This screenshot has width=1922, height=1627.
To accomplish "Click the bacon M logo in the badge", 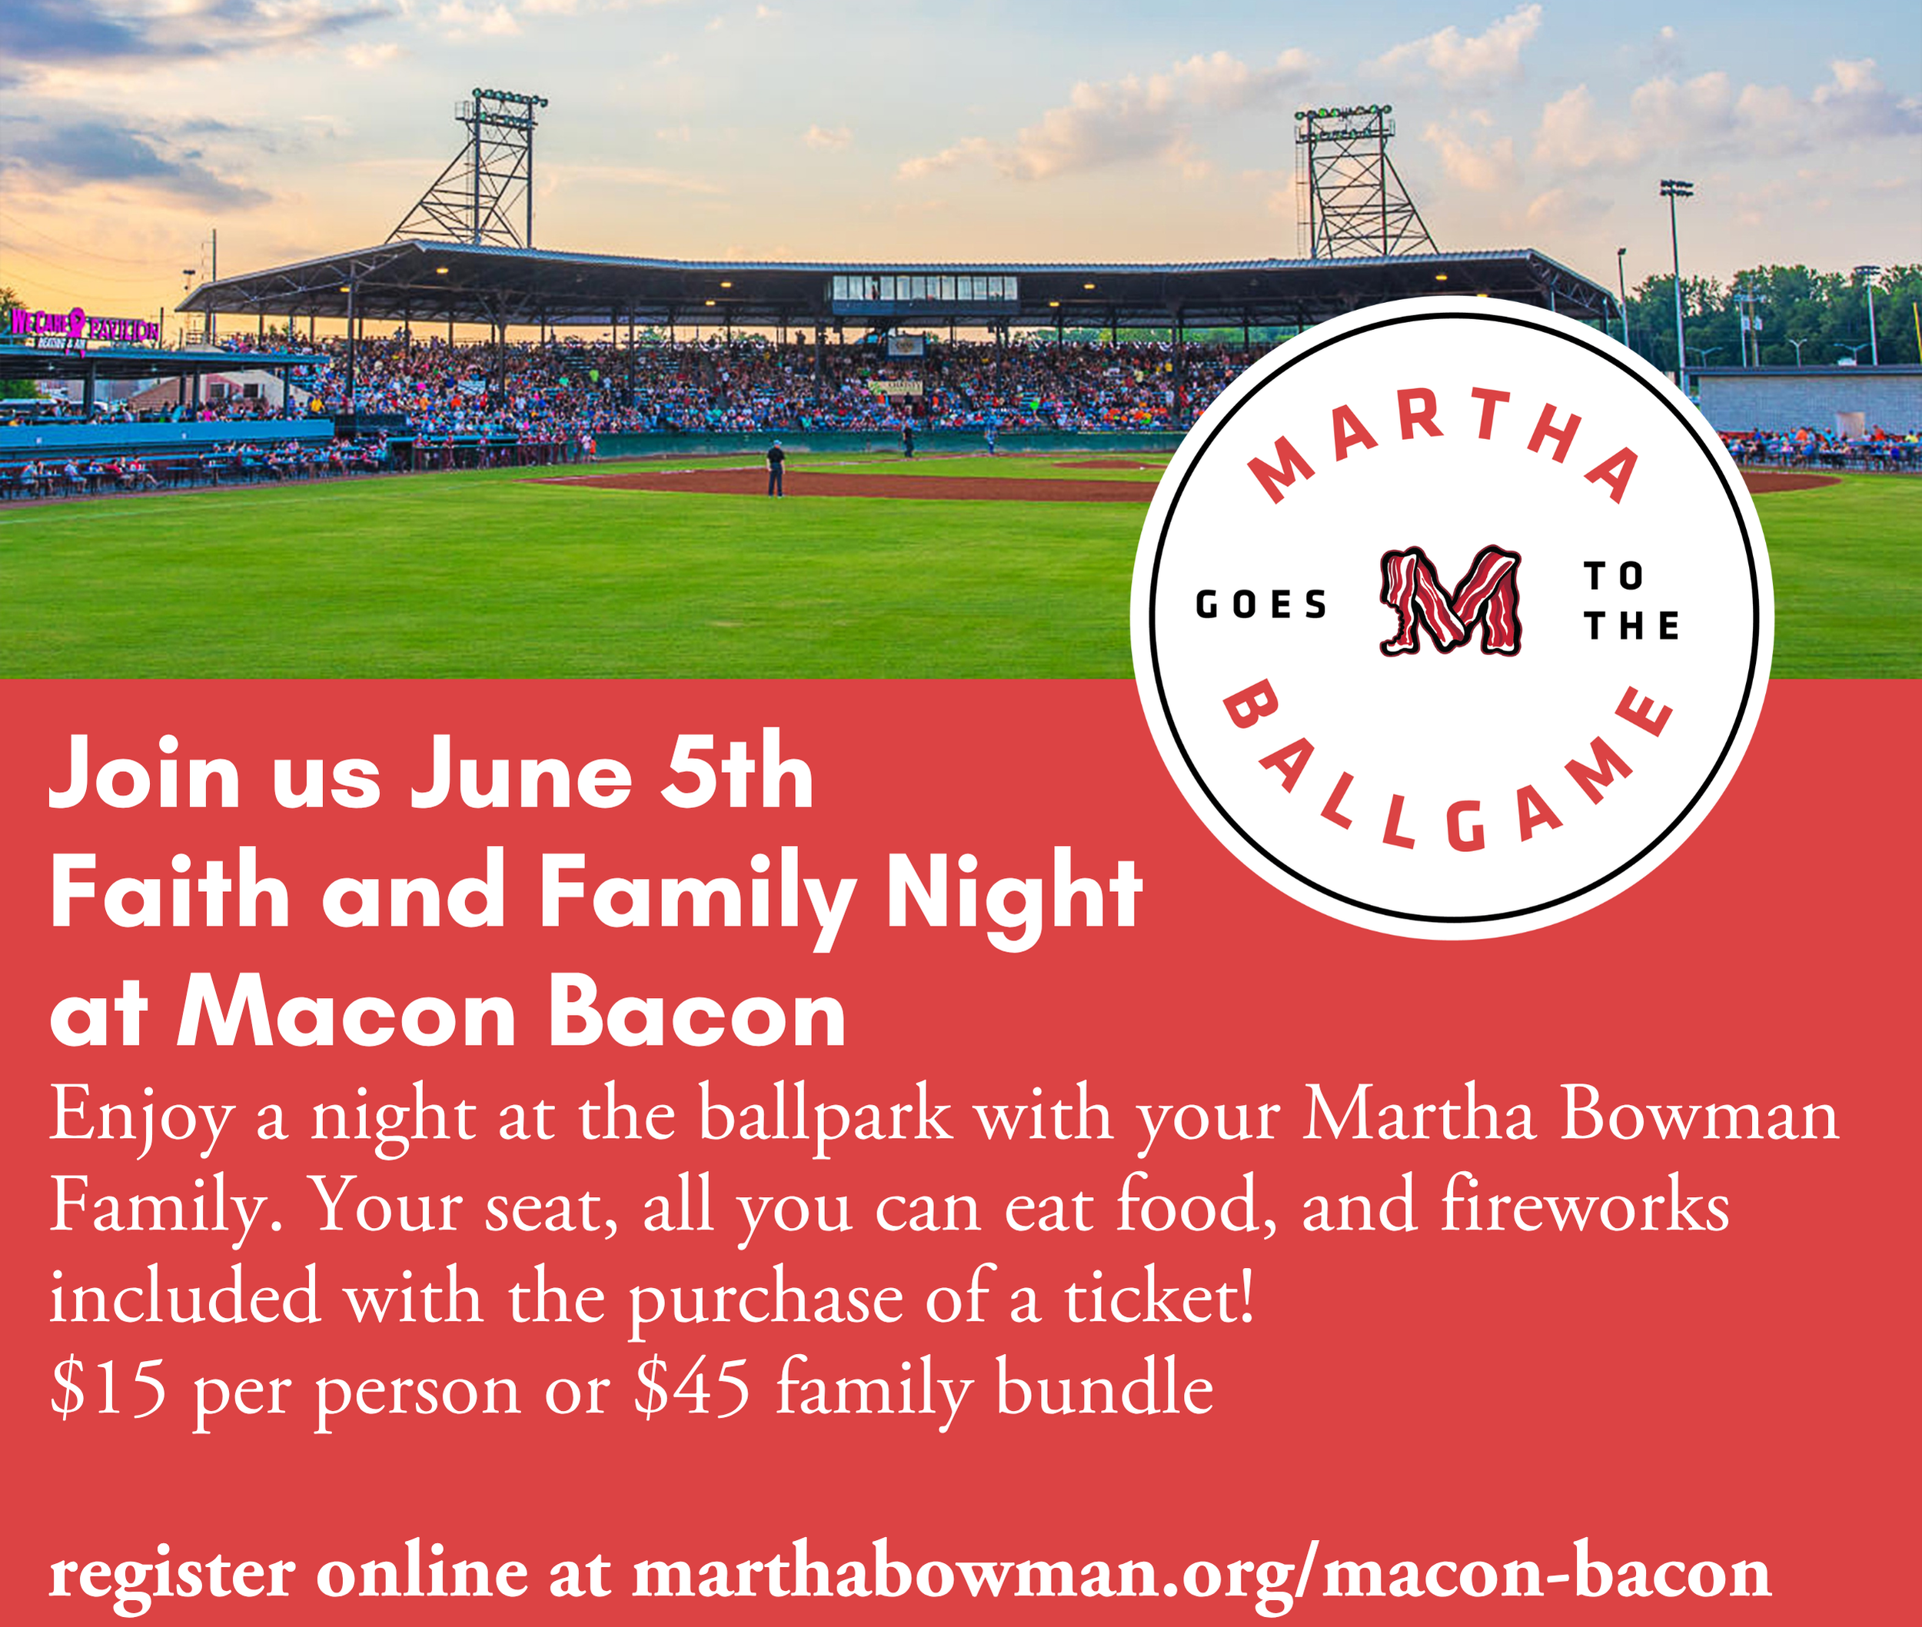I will click(1450, 601).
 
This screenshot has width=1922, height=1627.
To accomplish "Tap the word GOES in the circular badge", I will click(1261, 605).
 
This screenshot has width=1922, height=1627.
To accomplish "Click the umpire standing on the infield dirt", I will click(775, 468).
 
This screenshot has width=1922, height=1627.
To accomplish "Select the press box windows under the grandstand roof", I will click(924, 288).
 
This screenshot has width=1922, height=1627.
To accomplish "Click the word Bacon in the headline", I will click(697, 1013).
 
